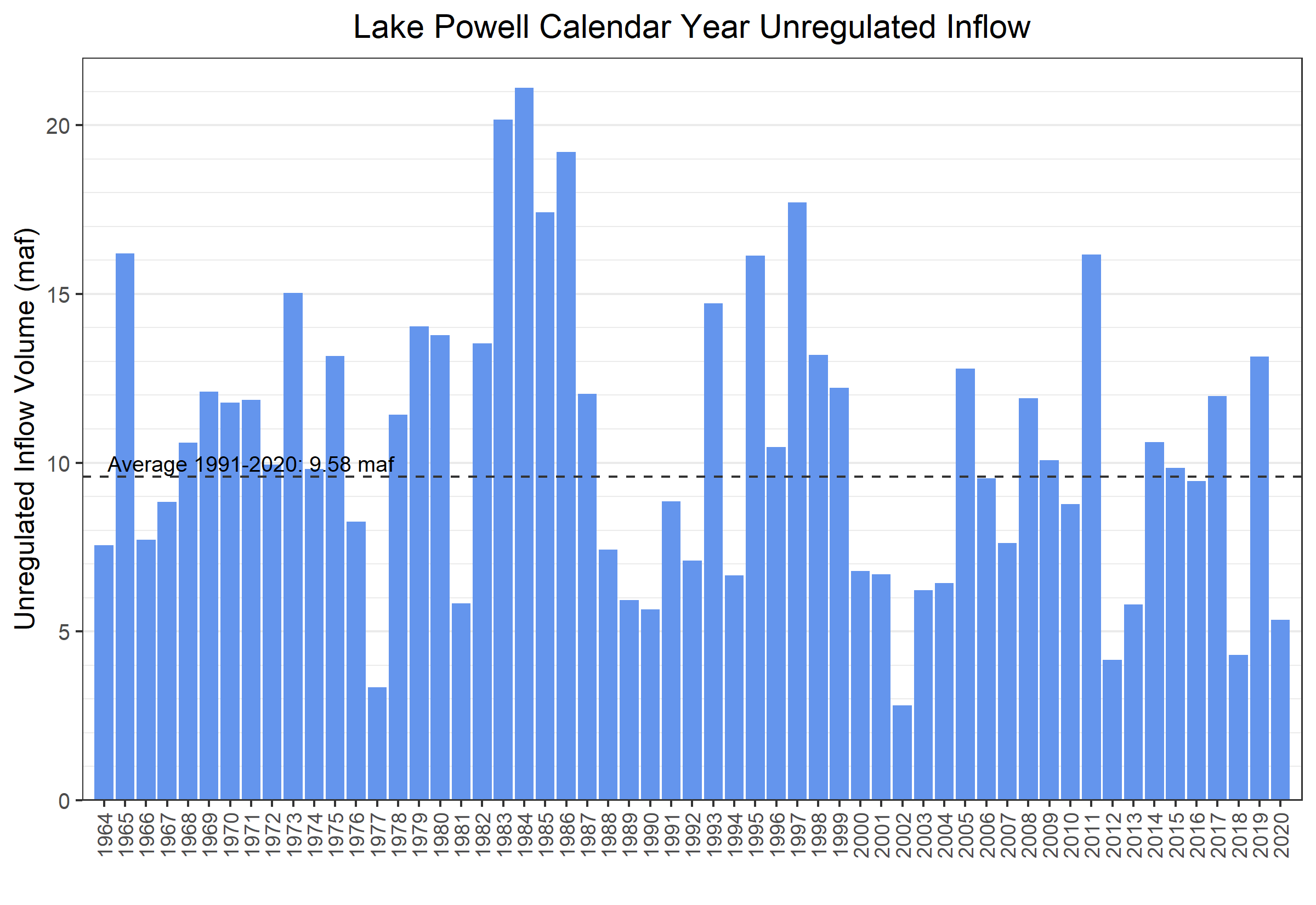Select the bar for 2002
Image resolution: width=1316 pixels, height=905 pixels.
901,752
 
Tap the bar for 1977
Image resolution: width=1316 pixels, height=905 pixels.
377,743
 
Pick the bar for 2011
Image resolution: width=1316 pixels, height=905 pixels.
1091,527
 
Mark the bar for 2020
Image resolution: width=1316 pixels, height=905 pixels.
1280,709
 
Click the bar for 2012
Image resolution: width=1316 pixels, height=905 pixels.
1112,729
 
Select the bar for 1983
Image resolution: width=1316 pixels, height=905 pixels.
503,459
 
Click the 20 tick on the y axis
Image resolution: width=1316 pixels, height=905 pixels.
58,126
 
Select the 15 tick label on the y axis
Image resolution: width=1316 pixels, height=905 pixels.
58,295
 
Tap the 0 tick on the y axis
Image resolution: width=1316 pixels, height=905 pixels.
64,801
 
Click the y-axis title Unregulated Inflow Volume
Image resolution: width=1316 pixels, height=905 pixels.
25,428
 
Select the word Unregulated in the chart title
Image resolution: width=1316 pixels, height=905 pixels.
847,27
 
